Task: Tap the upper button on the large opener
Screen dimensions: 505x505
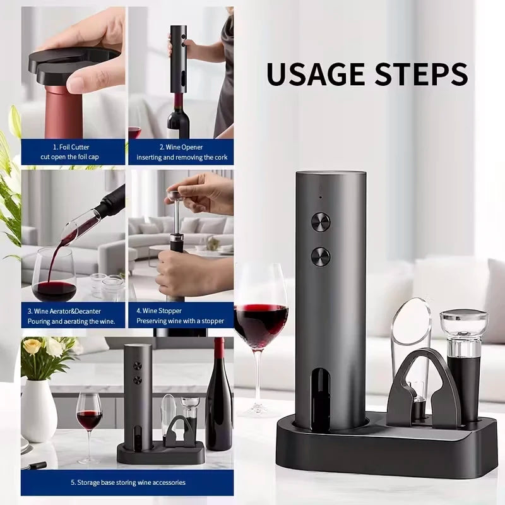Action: [x=321, y=222]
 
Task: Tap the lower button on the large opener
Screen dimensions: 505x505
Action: [x=321, y=256]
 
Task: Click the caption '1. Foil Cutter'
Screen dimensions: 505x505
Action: [x=71, y=147]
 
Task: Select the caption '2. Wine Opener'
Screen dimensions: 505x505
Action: [x=181, y=147]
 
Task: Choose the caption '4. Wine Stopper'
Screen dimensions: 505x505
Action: [x=159, y=311]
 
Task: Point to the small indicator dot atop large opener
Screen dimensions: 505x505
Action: [x=320, y=197]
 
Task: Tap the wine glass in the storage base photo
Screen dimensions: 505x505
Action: [x=89, y=417]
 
